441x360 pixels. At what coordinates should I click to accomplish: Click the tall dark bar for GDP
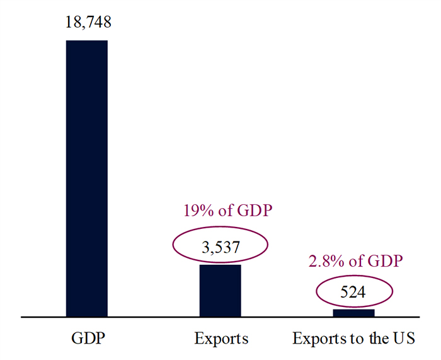pyautogui.click(x=87, y=178)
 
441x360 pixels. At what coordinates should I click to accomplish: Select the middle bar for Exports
pyautogui.click(x=220, y=291)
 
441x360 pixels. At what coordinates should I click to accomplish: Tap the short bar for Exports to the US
pyautogui.click(x=354, y=313)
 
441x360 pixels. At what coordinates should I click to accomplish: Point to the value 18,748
pyautogui.click(x=88, y=22)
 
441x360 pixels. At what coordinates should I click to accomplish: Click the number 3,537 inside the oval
pyautogui.click(x=220, y=247)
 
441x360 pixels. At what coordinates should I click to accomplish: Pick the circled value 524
pyautogui.click(x=353, y=292)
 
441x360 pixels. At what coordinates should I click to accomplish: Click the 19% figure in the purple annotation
pyautogui.click(x=198, y=211)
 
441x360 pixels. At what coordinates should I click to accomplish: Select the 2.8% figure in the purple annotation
pyautogui.click(x=326, y=261)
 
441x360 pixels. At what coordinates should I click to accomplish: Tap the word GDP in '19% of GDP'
pyautogui.click(x=255, y=211)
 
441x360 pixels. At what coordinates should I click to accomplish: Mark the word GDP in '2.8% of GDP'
pyautogui.click(x=386, y=261)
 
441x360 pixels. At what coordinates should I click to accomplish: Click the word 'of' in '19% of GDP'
pyautogui.click(x=226, y=211)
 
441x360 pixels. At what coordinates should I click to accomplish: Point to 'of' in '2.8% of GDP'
pyautogui.click(x=356, y=261)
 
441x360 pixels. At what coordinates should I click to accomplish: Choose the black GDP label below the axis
pyautogui.click(x=88, y=338)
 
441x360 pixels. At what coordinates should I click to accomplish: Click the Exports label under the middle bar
pyautogui.click(x=222, y=339)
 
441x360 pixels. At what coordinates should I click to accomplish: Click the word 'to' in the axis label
pyautogui.click(x=357, y=339)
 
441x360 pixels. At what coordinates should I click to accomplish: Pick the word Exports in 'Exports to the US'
pyautogui.click(x=319, y=339)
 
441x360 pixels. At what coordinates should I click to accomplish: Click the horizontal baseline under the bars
pyautogui.click(x=220, y=317)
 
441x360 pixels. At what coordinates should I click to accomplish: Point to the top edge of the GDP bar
pyautogui.click(x=87, y=40)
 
